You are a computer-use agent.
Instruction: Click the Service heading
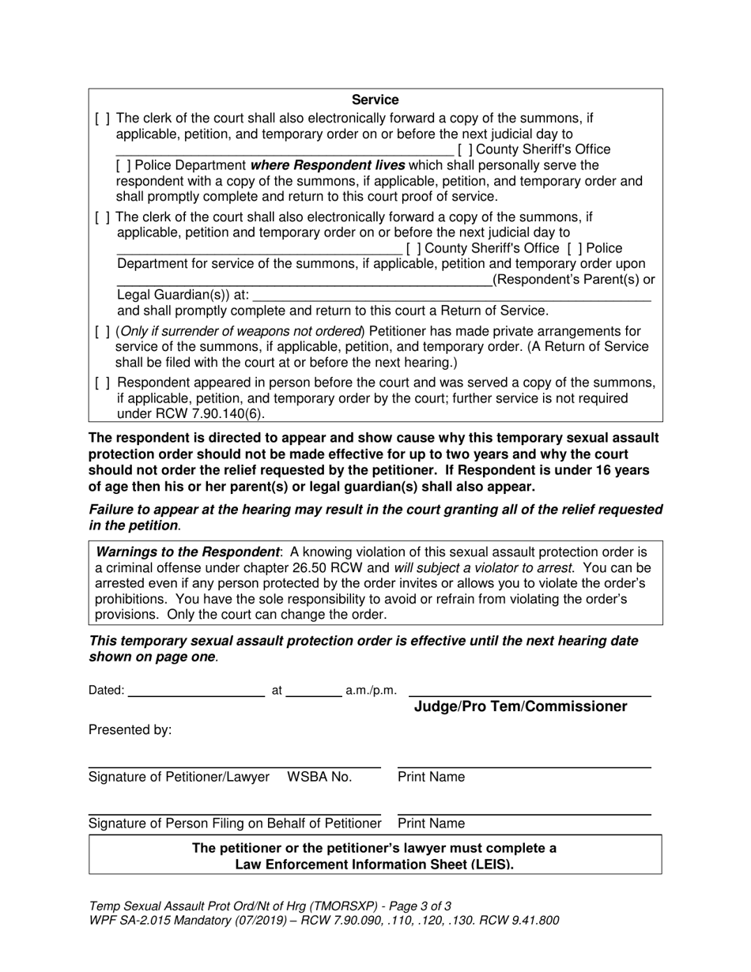tap(375, 100)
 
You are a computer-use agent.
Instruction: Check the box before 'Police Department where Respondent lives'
tap(123, 166)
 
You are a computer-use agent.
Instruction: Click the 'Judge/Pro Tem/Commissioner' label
tap(520, 706)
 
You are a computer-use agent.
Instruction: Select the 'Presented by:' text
tap(130, 730)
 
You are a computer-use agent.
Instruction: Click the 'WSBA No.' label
tap(319, 778)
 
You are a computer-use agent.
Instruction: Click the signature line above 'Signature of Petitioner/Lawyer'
tap(234, 767)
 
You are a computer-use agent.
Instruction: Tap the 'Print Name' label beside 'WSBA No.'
tap(431, 778)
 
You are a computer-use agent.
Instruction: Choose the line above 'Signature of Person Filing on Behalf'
tap(234, 814)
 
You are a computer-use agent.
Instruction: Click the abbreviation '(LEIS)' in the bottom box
tap(489, 865)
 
